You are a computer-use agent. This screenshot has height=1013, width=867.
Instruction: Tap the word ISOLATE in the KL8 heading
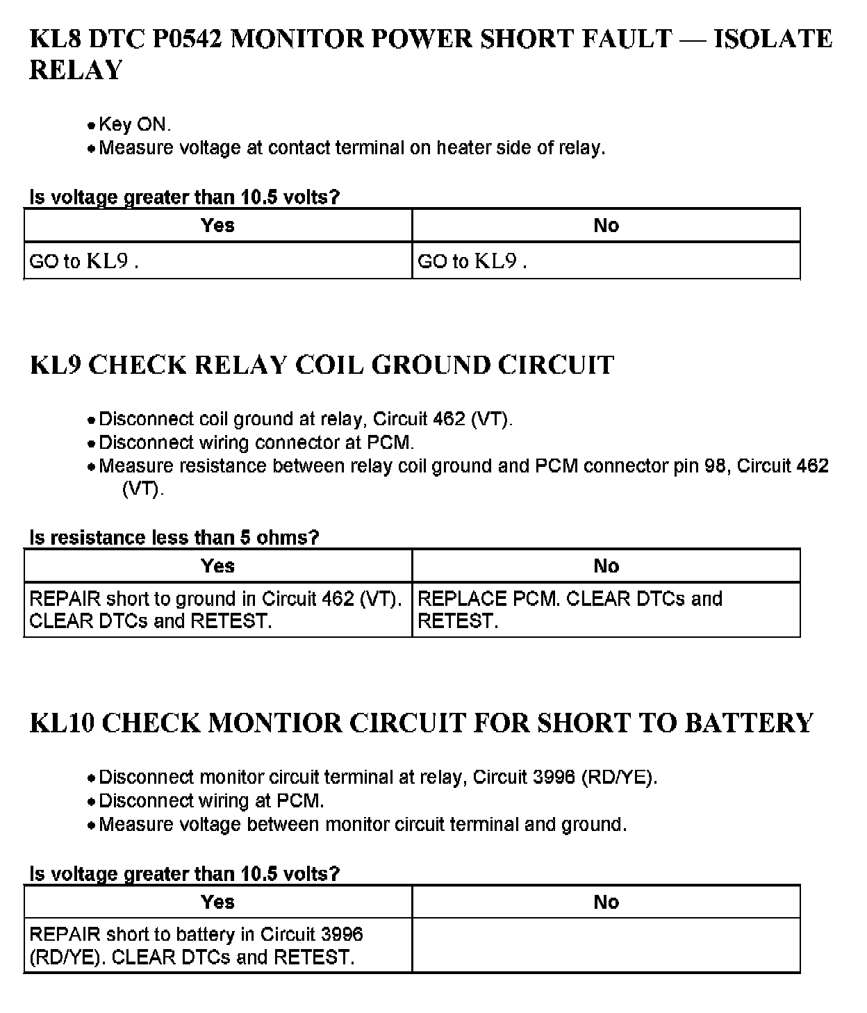(773, 39)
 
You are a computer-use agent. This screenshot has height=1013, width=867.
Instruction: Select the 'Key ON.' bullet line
(134, 124)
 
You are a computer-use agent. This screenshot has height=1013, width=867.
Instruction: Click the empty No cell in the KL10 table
(606, 945)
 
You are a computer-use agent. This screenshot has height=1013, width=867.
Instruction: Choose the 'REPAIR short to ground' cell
(216, 609)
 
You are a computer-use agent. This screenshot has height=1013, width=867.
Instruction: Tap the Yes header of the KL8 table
(217, 225)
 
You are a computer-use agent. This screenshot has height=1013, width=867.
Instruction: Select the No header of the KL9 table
(606, 566)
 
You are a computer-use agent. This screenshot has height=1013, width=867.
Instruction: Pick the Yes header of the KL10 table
(217, 902)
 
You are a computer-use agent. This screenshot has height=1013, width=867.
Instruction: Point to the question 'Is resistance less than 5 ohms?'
(174, 537)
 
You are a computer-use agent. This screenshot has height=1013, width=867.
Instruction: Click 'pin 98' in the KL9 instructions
(702, 466)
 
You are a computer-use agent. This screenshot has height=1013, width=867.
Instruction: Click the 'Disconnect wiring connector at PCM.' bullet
(256, 443)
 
